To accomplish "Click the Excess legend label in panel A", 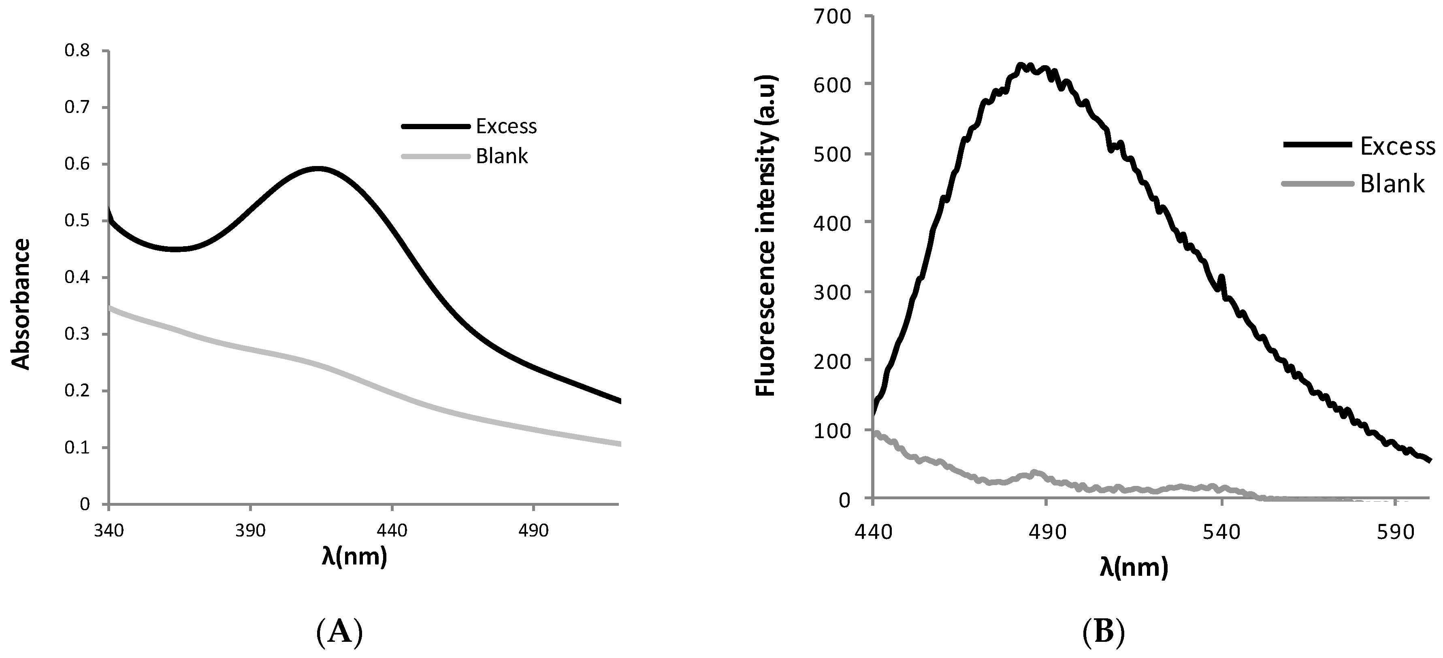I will click(x=506, y=127).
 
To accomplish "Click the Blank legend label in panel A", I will click(x=501, y=156).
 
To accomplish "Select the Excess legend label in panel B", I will click(x=1397, y=146).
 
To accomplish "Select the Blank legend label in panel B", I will click(x=1392, y=184).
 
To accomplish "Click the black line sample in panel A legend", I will click(x=435, y=127).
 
